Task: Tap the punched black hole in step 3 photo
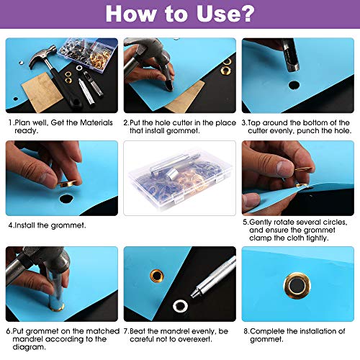pos(293,85)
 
